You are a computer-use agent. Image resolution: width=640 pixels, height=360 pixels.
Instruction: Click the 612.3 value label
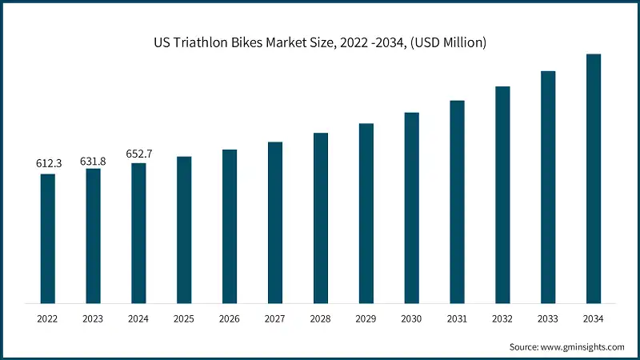pyautogui.click(x=48, y=163)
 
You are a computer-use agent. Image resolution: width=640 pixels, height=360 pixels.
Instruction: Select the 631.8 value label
pyautogui.click(x=93, y=161)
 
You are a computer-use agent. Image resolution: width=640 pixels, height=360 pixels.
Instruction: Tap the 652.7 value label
pyautogui.click(x=139, y=154)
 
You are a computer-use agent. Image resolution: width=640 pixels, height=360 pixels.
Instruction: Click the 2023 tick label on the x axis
pyautogui.click(x=94, y=318)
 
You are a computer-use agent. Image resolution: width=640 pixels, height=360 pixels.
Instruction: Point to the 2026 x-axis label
pyautogui.click(x=230, y=318)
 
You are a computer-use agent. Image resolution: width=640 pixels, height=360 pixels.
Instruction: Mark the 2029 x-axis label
pyautogui.click(x=366, y=318)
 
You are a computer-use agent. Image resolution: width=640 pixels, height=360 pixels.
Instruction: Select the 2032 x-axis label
pyautogui.click(x=502, y=318)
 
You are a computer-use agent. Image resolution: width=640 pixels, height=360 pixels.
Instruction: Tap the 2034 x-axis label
pyautogui.click(x=594, y=318)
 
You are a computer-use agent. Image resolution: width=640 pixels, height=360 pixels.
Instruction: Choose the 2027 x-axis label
pyautogui.click(x=275, y=318)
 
